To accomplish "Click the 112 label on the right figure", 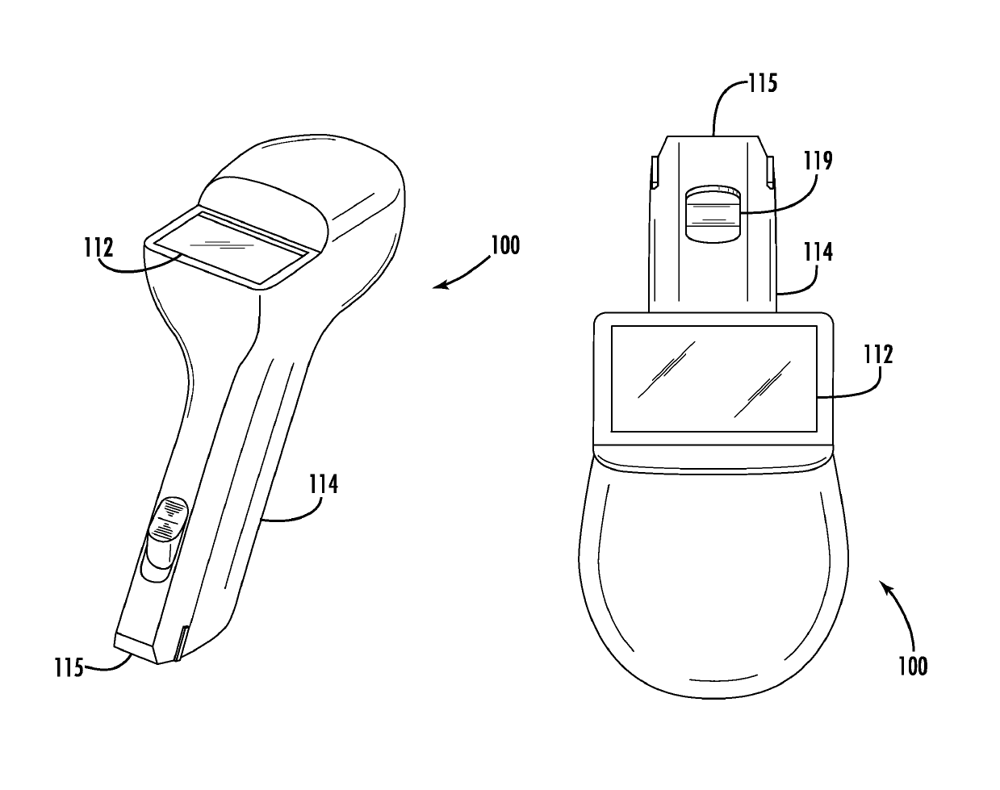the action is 877,353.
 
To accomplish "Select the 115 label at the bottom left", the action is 69,668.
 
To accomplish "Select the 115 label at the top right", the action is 760,82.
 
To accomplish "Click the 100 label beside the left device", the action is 504,244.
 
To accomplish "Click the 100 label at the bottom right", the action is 912,665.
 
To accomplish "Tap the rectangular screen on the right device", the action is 713,378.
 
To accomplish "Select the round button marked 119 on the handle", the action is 712,209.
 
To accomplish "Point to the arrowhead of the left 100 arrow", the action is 437,286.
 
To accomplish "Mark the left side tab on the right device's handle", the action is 654,171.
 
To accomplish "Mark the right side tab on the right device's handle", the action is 769,170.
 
